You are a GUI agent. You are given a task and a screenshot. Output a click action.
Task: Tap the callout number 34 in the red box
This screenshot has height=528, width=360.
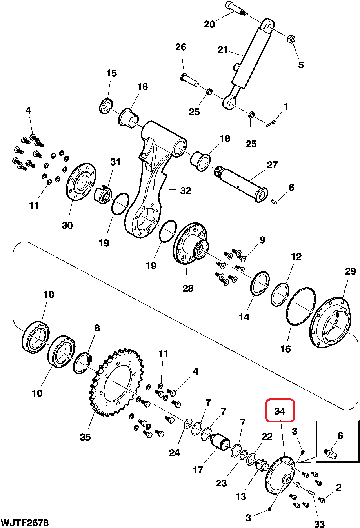coord(280,411)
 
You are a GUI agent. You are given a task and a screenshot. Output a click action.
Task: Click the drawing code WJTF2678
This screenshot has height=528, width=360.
coord(24,523)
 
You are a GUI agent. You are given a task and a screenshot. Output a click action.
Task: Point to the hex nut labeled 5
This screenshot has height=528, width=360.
coord(291,39)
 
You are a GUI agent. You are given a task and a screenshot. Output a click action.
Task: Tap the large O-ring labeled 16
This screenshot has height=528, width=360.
coord(300,306)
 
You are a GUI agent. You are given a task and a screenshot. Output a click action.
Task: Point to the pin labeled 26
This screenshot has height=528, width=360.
coord(190,80)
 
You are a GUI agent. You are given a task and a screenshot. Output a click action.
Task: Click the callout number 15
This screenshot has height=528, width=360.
coord(111,73)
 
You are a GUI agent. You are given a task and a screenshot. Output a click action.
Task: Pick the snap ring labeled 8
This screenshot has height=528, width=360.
coord(82,363)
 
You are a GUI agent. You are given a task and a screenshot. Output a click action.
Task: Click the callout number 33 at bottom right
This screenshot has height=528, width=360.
coord(320,524)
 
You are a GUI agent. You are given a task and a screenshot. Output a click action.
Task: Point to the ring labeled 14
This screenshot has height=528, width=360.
coord(260,283)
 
